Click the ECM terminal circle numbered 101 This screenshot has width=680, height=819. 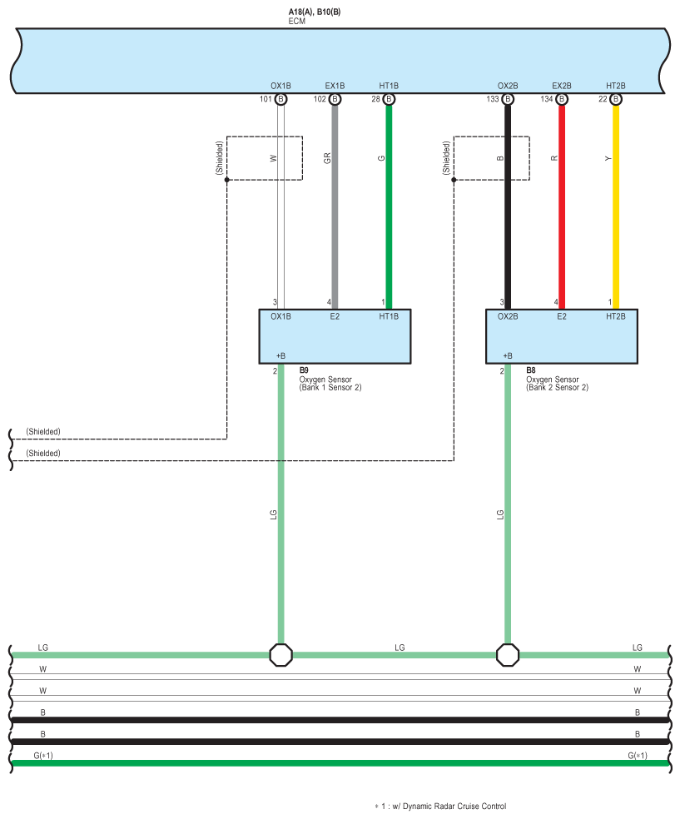(x=281, y=99)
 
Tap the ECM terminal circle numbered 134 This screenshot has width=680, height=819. (x=562, y=99)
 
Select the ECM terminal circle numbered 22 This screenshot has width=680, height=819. (x=616, y=99)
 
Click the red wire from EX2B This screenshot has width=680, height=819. (x=562, y=207)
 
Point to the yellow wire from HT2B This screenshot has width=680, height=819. (x=616, y=207)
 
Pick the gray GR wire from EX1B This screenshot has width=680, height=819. (x=335, y=207)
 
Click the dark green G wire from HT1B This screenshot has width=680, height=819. (x=389, y=207)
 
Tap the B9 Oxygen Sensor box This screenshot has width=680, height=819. (x=335, y=336)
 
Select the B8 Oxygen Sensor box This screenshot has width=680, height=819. (x=562, y=336)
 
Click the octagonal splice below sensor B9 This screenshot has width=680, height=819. (x=281, y=655)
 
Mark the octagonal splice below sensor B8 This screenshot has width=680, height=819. (x=508, y=655)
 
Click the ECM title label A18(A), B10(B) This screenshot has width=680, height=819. (x=315, y=12)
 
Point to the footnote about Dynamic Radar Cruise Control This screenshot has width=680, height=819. (x=440, y=807)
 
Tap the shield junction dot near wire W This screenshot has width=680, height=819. (x=226, y=180)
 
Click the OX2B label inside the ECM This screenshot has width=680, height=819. (x=508, y=86)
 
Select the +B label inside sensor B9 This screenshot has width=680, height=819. (x=280, y=355)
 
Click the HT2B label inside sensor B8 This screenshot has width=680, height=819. (x=616, y=316)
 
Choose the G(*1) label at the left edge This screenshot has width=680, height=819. (x=43, y=755)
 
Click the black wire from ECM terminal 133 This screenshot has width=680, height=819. (x=508, y=207)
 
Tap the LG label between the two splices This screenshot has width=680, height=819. (x=400, y=648)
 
